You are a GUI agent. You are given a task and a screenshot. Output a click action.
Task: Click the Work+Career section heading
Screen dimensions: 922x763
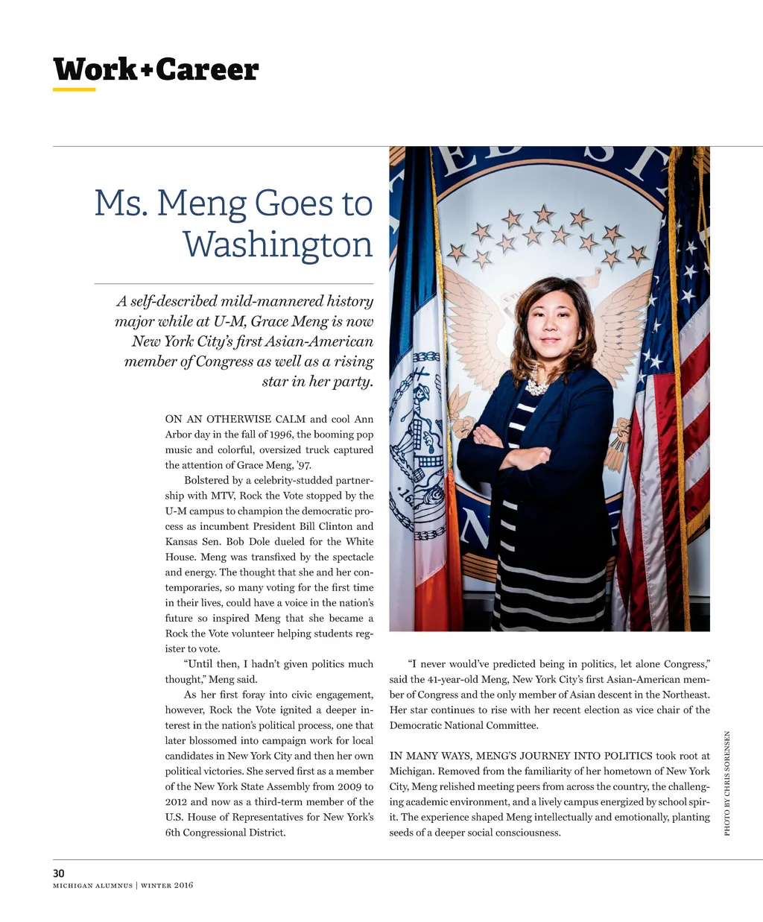click(156, 69)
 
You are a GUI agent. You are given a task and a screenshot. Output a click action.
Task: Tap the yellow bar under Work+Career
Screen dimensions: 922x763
click(74, 90)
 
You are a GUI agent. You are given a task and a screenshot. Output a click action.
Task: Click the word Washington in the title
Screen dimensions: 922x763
click(277, 244)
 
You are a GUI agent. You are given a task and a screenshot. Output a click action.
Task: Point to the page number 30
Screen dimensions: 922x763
click(59, 874)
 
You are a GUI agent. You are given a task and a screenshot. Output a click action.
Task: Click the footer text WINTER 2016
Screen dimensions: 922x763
click(167, 885)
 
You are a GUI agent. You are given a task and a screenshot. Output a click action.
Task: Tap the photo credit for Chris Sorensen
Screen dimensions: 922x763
click(727, 783)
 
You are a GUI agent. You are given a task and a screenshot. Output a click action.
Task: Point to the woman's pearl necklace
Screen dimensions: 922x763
click(536, 386)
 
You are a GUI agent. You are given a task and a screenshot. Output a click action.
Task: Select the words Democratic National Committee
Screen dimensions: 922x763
click(463, 725)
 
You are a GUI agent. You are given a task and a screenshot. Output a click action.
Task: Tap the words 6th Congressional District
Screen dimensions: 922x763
click(225, 833)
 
